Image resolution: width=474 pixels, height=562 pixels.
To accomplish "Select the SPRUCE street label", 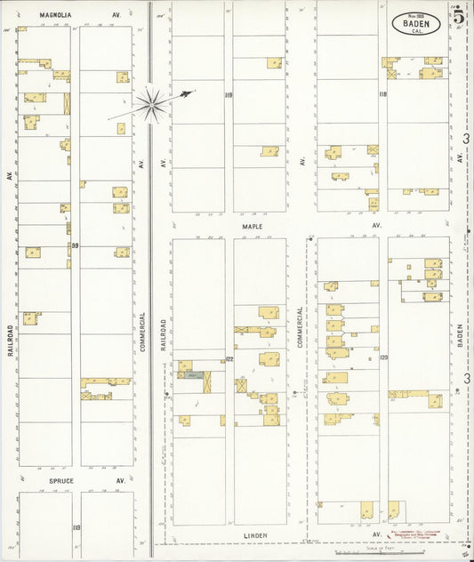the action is (60, 481).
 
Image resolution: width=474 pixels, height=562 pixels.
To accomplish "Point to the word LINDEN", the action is (257, 535).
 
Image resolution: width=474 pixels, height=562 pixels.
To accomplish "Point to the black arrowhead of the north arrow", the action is (186, 92).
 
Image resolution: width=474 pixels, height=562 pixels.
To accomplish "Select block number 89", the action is (76, 245).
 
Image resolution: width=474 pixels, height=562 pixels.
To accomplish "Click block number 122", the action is (229, 359).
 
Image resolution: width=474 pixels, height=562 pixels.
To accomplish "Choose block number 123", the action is (383, 357).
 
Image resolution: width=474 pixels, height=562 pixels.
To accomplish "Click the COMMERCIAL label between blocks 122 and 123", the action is (301, 327).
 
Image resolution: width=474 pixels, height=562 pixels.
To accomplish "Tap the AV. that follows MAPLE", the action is (377, 226).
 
